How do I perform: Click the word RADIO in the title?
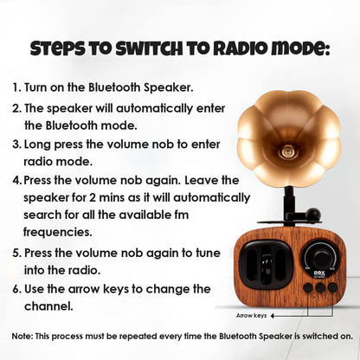(x=238, y=49)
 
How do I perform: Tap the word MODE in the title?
(x=299, y=49)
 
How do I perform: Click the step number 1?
(x=16, y=87)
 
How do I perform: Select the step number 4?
(x=17, y=181)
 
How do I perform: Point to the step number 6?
(x=17, y=289)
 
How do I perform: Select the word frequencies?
(x=58, y=232)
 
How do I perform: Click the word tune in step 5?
(x=208, y=253)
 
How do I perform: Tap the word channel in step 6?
(x=48, y=306)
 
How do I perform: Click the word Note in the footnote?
(x=22, y=337)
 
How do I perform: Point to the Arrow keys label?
(x=251, y=316)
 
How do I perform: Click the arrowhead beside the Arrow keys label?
(x=273, y=316)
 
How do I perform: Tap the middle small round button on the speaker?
(x=320, y=287)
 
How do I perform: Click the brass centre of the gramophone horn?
(x=286, y=151)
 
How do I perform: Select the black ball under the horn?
(x=313, y=215)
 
